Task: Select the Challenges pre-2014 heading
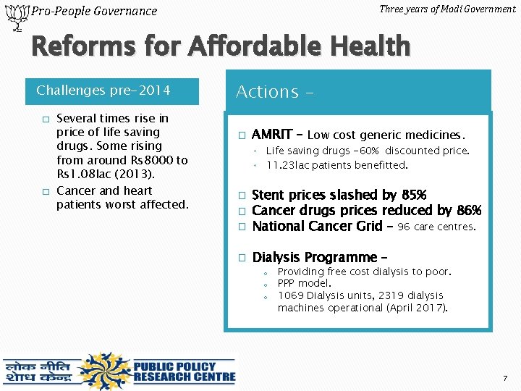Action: tap(103, 91)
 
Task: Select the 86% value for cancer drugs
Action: tap(469, 211)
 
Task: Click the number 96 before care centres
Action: tap(404, 227)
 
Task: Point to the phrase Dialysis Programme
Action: tap(315, 258)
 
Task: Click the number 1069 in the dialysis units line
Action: tap(291, 295)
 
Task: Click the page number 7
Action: tap(505, 379)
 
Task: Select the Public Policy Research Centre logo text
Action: tap(185, 370)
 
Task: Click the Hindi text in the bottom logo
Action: tap(38, 371)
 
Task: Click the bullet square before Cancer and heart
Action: tap(45, 191)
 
